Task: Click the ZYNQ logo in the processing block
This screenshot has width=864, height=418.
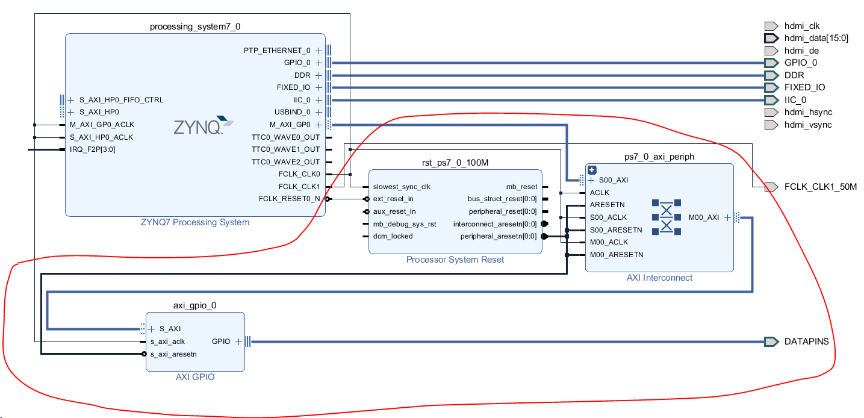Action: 199,126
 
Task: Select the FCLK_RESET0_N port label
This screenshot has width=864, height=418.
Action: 289,199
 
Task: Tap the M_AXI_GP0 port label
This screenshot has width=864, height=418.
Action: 290,125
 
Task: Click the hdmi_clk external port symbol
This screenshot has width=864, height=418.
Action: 771,26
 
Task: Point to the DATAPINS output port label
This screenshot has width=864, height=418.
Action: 806,342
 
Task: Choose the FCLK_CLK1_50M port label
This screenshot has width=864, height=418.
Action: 820,187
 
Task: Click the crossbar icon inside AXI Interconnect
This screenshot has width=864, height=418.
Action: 666,217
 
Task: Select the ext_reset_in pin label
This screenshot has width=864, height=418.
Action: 393,199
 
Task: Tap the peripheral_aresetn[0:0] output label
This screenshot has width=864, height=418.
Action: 499,236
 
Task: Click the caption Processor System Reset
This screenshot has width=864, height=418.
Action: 455,260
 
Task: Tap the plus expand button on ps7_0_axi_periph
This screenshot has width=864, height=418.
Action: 592,170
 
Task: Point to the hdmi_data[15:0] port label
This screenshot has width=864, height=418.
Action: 816,38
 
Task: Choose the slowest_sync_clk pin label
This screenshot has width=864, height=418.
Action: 401,187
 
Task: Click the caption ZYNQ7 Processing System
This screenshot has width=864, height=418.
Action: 195,222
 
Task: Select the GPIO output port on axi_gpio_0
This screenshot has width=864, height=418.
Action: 221,342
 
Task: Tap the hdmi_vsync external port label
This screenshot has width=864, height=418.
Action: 808,125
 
